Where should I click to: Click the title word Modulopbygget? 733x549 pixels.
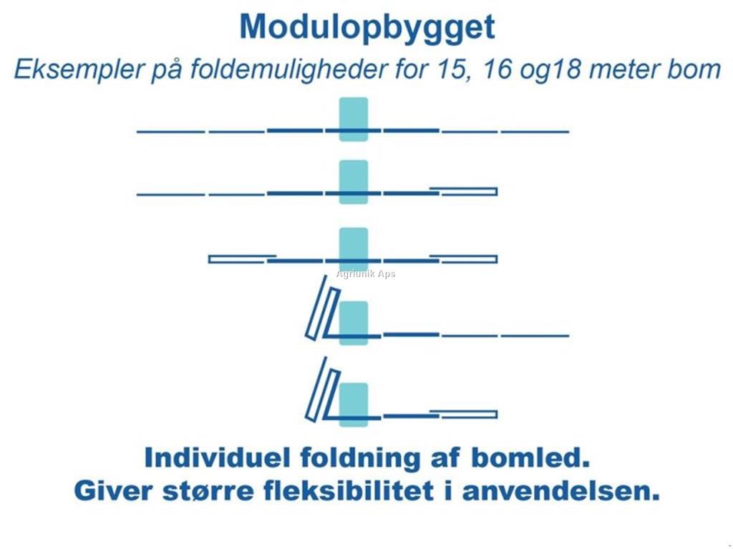tap(366, 28)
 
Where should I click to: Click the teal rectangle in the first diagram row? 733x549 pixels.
tap(354, 119)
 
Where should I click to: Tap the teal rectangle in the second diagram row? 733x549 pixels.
tap(354, 182)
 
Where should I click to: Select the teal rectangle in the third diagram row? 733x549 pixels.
tap(354, 249)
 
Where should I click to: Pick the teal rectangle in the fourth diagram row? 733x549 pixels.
tap(354, 322)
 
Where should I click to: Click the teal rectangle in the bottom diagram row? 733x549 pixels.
tap(354, 404)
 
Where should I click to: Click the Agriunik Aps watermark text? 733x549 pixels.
tap(366, 274)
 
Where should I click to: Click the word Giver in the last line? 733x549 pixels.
tap(110, 491)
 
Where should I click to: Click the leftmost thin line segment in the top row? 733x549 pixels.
tap(170, 132)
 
